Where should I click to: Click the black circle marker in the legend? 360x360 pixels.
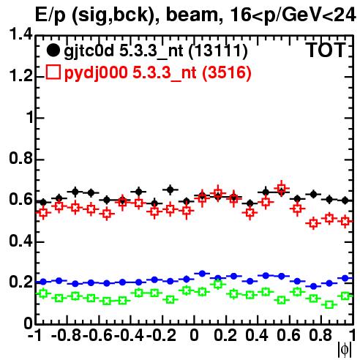(x=53, y=50)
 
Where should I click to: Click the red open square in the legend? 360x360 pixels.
(x=53, y=72)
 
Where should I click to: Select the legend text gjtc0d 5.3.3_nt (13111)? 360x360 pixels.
(x=156, y=51)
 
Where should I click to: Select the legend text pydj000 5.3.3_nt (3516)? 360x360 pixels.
(x=157, y=73)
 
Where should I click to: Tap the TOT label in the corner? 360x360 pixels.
(x=326, y=50)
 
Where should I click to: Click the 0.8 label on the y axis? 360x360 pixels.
(x=20, y=158)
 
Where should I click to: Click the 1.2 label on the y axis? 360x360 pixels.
(x=20, y=76)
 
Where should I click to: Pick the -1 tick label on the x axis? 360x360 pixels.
(x=34, y=335)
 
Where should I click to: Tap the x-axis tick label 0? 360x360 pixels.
(x=194, y=335)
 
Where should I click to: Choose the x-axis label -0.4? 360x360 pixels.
(x=130, y=335)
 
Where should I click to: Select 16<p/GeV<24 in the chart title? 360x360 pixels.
(x=292, y=15)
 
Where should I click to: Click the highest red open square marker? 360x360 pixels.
(x=282, y=188)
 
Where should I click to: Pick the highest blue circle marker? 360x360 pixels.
(x=202, y=274)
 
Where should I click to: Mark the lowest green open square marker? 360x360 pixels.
(x=329, y=304)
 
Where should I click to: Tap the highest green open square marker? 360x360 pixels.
(x=218, y=284)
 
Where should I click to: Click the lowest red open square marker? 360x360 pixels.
(x=313, y=223)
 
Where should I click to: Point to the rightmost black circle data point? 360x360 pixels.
(x=345, y=200)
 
